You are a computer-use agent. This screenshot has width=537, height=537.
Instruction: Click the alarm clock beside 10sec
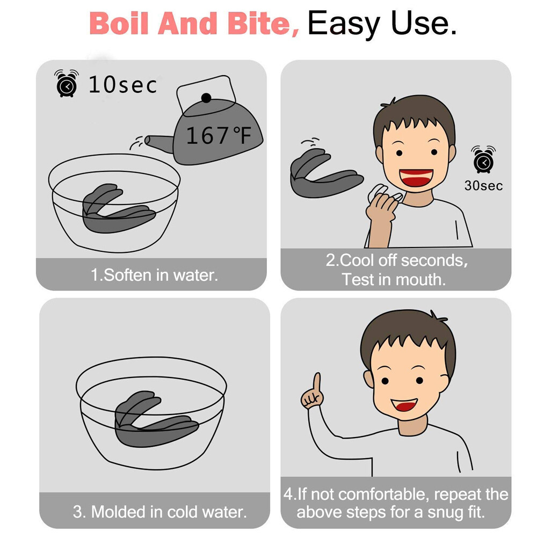coord(67,83)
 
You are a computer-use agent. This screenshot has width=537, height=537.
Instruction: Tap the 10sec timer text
coord(122,85)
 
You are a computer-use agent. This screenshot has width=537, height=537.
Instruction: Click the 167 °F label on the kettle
coord(219,135)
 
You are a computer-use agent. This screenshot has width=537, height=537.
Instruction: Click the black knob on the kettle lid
coord(206,98)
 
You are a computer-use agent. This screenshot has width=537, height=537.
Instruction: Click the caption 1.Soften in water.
coord(154,275)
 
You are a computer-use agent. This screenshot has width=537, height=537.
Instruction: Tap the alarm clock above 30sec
coord(483,159)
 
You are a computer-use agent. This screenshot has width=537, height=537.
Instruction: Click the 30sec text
coord(484,186)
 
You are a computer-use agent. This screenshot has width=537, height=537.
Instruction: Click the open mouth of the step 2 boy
coord(416,177)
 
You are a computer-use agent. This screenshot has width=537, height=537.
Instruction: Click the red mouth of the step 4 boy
coord(404,405)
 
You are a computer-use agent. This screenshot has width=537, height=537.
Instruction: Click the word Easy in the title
coord(344,24)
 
